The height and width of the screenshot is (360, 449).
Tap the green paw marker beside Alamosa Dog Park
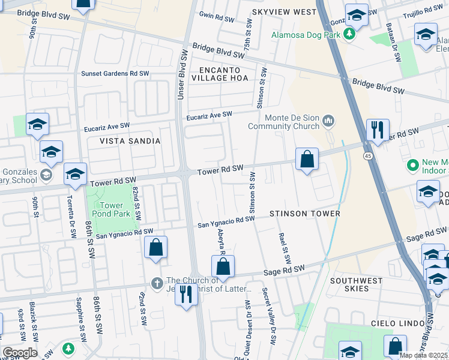pos(348,35)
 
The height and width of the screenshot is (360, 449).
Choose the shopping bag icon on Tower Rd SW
pos(307,160)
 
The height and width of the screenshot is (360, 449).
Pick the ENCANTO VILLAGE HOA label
pos(223,74)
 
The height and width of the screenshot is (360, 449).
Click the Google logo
pos(20,353)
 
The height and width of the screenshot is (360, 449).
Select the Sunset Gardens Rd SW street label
pos(115,73)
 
